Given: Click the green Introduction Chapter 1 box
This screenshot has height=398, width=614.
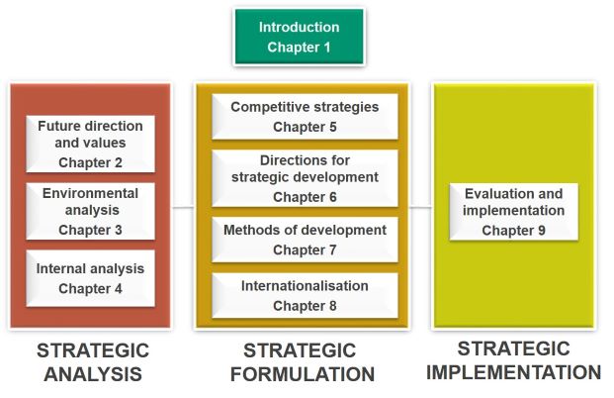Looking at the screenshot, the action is point(300,37).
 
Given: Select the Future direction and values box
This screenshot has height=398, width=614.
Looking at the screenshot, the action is point(90,144).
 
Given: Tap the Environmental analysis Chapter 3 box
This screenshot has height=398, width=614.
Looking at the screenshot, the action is point(90,211).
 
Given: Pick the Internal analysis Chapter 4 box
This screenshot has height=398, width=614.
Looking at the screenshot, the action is point(90,278).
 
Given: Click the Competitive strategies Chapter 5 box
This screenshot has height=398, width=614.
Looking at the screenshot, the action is point(305,117).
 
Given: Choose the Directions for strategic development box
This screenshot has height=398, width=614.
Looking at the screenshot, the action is point(305,178).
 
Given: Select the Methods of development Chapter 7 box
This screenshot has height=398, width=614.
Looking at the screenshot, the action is point(305,240).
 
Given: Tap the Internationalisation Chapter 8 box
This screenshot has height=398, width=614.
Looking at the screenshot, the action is point(305,295).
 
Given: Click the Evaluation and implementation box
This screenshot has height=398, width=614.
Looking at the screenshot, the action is point(514,211).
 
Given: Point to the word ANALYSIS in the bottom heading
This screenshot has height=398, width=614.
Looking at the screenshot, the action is point(93,374).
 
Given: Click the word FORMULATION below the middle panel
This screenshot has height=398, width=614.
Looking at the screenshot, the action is point(303,374).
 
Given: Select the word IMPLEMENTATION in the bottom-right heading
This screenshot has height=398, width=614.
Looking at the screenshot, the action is point(513,372).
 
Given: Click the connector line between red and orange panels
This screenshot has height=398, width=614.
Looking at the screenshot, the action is point(183,207).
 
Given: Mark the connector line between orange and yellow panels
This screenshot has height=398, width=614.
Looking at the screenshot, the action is point(420,207).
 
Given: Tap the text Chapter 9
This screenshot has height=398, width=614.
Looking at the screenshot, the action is point(514,231).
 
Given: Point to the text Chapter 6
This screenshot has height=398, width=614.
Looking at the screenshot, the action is point(305,197).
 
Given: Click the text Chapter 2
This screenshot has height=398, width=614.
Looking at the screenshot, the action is point(90,162).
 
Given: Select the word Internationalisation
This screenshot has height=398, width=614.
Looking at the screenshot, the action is point(305,286).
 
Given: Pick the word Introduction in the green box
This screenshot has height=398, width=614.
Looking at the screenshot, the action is point(300,27).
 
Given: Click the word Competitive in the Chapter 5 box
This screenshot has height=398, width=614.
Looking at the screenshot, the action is point(261,107).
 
